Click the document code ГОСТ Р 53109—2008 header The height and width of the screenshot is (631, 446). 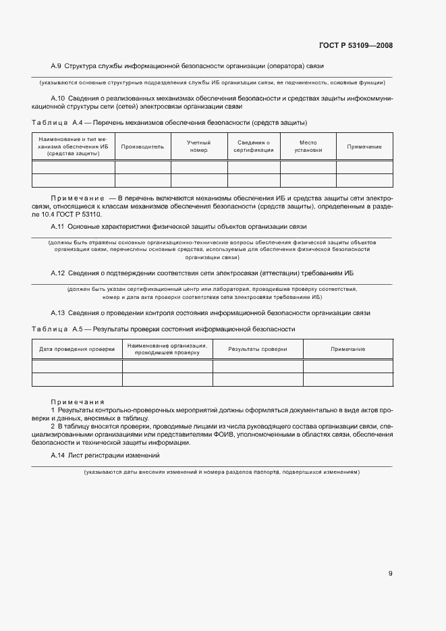pyautogui.click(x=355, y=45)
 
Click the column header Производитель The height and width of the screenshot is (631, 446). pyautogui.click(x=142, y=146)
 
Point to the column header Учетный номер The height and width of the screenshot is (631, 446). pyautogui.click(x=198, y=146)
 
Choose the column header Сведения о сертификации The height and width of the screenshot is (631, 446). pyautogui.click(x=254, y=146)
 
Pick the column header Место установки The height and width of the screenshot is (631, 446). pyautogui.click(x=308, y=146)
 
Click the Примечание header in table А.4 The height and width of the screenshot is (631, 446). pyautogui.click(x=364, y=146)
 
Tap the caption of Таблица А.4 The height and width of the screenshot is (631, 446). pyautogui.click(x=169, y=122)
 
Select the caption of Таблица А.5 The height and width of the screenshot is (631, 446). pyautogui.click(x=163, y=329)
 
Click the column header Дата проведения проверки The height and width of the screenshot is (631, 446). pyautogui.click(x=77, y=349)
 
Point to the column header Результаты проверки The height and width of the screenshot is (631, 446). pyautogui.click(x=258, y=349)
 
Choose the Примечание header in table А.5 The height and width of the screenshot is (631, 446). pyautogui.click(x=348, y=349)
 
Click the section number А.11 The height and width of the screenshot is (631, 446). pyautogui.click(x=57, y=226)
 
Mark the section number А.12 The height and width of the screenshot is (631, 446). pyautogui.click(x=57, y=273)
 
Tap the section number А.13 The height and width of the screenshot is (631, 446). pyautogui.click(x=57, y=313)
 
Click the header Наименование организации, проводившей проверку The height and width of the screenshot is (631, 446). pyautogui.click(x=167, y=349)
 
